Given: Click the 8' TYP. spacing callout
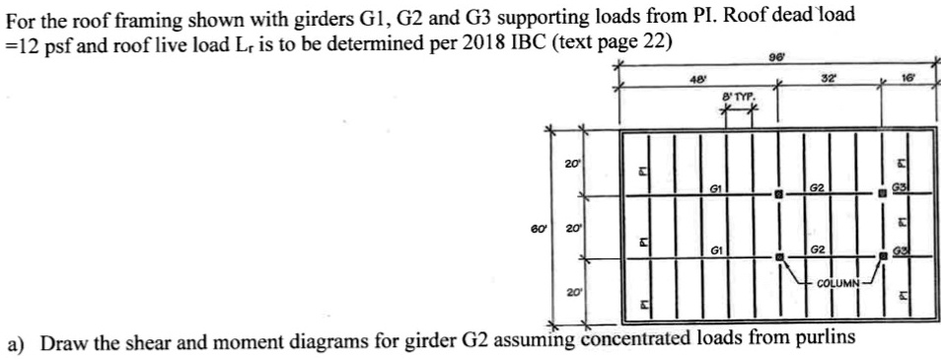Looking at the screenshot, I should click(x=736, y=99).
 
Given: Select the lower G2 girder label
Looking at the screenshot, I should click(x=818, y=250).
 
